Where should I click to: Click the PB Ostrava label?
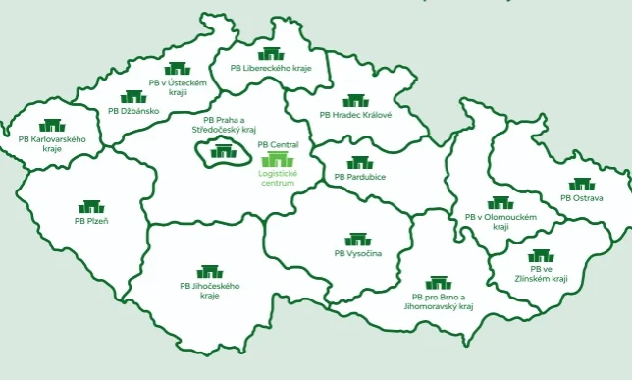click(581, 198)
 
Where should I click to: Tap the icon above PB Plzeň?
click(91, 207)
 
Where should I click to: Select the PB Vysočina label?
click(357, 254)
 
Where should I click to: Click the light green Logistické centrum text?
click(277, 179)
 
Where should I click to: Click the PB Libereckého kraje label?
click(270, 69)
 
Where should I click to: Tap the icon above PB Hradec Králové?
click(354, 100)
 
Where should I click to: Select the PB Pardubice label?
click(359, 177)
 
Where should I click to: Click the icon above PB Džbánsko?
click(133, 97)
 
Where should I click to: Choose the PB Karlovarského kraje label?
click(52, 144)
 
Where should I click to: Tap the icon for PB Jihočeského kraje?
click(209, 271)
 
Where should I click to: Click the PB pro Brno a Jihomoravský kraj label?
click(438, 301)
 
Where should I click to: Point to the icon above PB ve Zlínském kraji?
click(541, 256)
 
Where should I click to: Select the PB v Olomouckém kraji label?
click(500, 221)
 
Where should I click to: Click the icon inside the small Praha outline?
click(225, 151)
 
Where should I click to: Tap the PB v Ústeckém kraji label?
click(178, 88)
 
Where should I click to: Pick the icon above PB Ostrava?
click(581, 184)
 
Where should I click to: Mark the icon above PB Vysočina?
click(357, 240)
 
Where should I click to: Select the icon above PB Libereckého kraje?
click(270, 54)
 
